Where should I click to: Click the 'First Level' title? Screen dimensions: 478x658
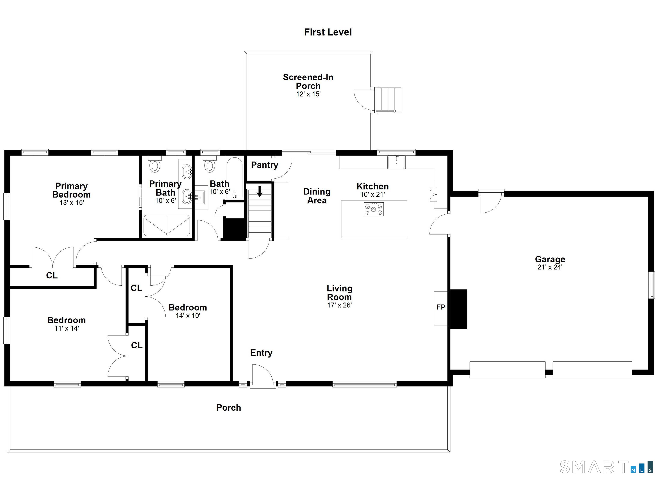(328, 32)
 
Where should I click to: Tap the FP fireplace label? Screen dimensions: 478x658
(441, 307)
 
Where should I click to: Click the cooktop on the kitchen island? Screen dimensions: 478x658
(374, 209)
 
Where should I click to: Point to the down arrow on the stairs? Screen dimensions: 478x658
(260, 191)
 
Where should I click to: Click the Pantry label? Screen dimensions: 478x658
(264, 165)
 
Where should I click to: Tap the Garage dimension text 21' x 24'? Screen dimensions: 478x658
(550, 267)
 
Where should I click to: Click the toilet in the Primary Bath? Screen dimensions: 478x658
(155, 165)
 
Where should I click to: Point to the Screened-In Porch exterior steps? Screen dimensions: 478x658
(388, 100)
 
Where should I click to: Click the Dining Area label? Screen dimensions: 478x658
(317, 196)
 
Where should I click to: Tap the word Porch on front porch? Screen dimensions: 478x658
(229, 408)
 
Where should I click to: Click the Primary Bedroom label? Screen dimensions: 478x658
(71, 190)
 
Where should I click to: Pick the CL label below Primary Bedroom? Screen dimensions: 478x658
(52, 275)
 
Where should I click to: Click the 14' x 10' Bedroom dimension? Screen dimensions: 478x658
(188, 315)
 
